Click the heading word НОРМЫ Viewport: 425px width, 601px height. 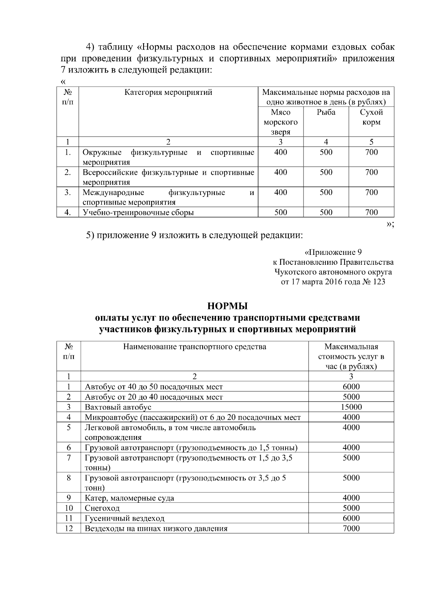(x=227, y=305)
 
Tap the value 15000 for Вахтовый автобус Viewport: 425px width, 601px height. (x=351, y=407)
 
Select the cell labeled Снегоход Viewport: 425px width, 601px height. (x=102, y=508)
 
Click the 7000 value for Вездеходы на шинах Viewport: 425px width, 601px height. (x=351, y=528)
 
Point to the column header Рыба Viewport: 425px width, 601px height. (x=326, y=113)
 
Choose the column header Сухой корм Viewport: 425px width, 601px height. (x=371, y=117)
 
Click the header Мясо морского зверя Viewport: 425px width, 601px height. (x=280, y=122)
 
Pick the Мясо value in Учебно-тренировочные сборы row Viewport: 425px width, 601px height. (x=280, y=212)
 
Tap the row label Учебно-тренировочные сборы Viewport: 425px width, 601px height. (x=138, y=212)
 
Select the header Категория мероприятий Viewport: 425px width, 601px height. (x=168, y=92)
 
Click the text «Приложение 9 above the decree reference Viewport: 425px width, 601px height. (x=333, y=252)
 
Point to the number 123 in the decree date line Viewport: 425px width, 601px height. (x=379, y=282)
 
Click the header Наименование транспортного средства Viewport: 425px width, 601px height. (x=194, y=347)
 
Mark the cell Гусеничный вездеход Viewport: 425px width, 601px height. (x=125, y=519)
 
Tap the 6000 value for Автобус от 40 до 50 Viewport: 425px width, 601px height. (x=351, y=387)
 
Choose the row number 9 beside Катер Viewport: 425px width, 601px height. (x=69, y=498)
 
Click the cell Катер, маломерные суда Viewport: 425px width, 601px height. (x=129, y=498)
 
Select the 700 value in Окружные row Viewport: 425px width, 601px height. (x=371, y=152)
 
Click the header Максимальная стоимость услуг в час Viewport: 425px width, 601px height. (x=351, y=356)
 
